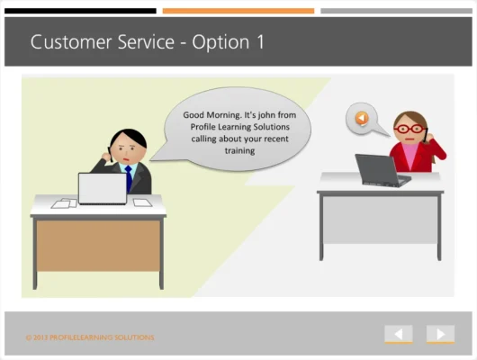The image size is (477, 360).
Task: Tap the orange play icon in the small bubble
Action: pyautogui.click(x=361, y=118)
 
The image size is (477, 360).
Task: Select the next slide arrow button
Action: pyautogui.click(x=440, y=334)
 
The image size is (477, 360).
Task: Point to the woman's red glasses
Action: pyautogui.click(x=409, y=129)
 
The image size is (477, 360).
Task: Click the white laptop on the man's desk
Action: pyautogui.click(x=102, y=189)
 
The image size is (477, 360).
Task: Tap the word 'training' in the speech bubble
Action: pyautogui.click(x=239, y=151)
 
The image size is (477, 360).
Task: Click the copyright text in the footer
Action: pyautogui.click(x=90, y=337)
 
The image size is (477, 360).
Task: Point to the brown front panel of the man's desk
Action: pyautogui.click(x=98, y=245)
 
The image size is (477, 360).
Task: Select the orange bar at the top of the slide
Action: pyautogui.click(x=238, y=11)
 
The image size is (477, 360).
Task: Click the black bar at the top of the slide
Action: pyautogui.click(x=80, y=11)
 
